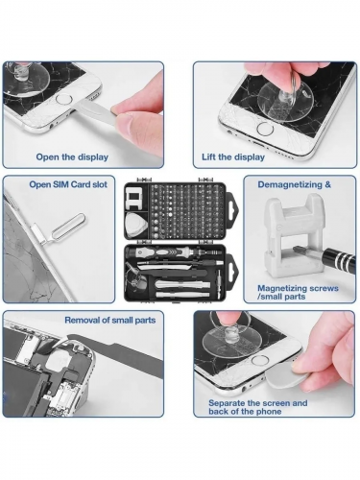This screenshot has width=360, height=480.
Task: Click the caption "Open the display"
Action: tap(72, 157)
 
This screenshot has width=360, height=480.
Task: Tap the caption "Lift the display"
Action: tap(233, 157)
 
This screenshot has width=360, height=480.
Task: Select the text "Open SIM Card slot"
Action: tap(68, 184)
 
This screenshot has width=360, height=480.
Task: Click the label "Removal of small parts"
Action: tap(110, 321)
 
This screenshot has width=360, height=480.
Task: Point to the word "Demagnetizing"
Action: tap(290, 185)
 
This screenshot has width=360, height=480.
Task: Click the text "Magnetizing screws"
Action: tap(298, 288)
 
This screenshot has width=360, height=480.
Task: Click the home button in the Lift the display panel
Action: tap(265, 129)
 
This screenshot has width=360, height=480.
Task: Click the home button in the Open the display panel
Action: tap(62, 98)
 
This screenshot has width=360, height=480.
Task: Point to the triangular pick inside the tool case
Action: tap(135, 223)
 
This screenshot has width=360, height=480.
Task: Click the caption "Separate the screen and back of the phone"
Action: tap(258, 407)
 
